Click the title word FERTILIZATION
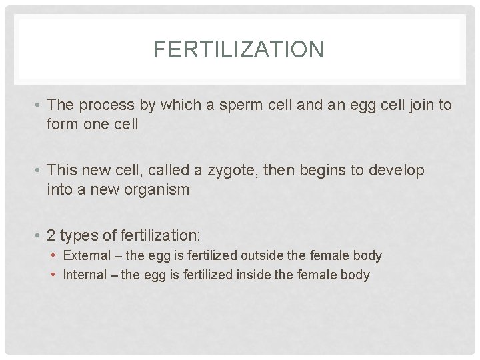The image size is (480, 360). tap(238, 49)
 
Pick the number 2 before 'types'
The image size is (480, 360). tap(51, 235)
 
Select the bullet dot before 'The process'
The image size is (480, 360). tap(39, 105)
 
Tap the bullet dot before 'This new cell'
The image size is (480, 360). tap(39, 171)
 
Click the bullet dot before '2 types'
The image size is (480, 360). tap(39, 235)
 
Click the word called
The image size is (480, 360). tap(159, 171)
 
